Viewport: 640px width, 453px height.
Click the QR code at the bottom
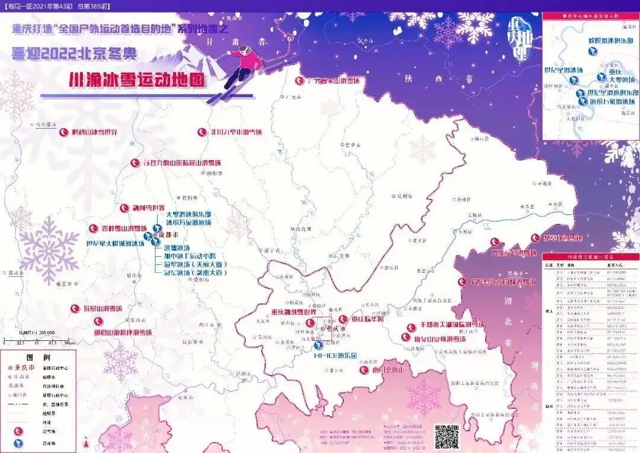(x=447, y=436)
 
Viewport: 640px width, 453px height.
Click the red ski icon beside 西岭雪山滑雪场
(x=92, y=228)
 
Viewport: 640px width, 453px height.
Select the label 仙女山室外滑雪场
(x=440, y=339)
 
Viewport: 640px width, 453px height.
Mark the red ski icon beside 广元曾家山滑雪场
(x=300, y=81)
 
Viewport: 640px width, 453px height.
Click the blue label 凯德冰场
(x=176, y=248)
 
